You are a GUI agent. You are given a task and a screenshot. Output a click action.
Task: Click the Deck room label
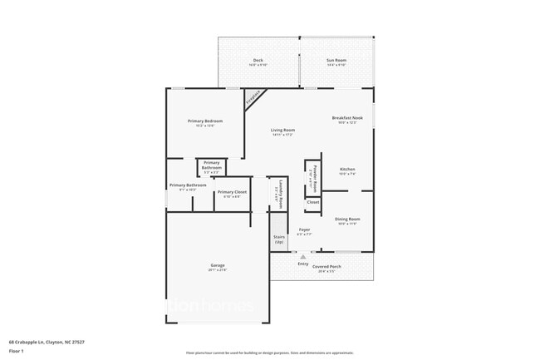tap(258, 61)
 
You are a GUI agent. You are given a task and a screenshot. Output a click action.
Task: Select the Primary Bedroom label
tap(205, 122)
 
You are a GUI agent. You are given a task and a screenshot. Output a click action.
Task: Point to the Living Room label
tap(282, 131)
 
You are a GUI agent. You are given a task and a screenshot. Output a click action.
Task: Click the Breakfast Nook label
tap(347, 119)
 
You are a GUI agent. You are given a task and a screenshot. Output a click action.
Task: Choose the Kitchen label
tap(347, 170)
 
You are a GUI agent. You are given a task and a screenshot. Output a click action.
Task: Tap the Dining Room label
tap(347, 220)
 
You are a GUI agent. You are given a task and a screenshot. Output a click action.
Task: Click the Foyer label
tap(304, 231)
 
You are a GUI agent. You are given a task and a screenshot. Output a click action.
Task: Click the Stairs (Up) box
tap(279, 239)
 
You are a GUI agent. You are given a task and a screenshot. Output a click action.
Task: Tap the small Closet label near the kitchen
tap(312, 202)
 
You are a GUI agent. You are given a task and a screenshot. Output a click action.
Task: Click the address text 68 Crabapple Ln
tap(47, 341)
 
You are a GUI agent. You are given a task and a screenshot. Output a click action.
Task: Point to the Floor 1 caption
tap(17, 352)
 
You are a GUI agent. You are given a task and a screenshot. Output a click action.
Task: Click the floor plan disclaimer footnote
tap(269, 353)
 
